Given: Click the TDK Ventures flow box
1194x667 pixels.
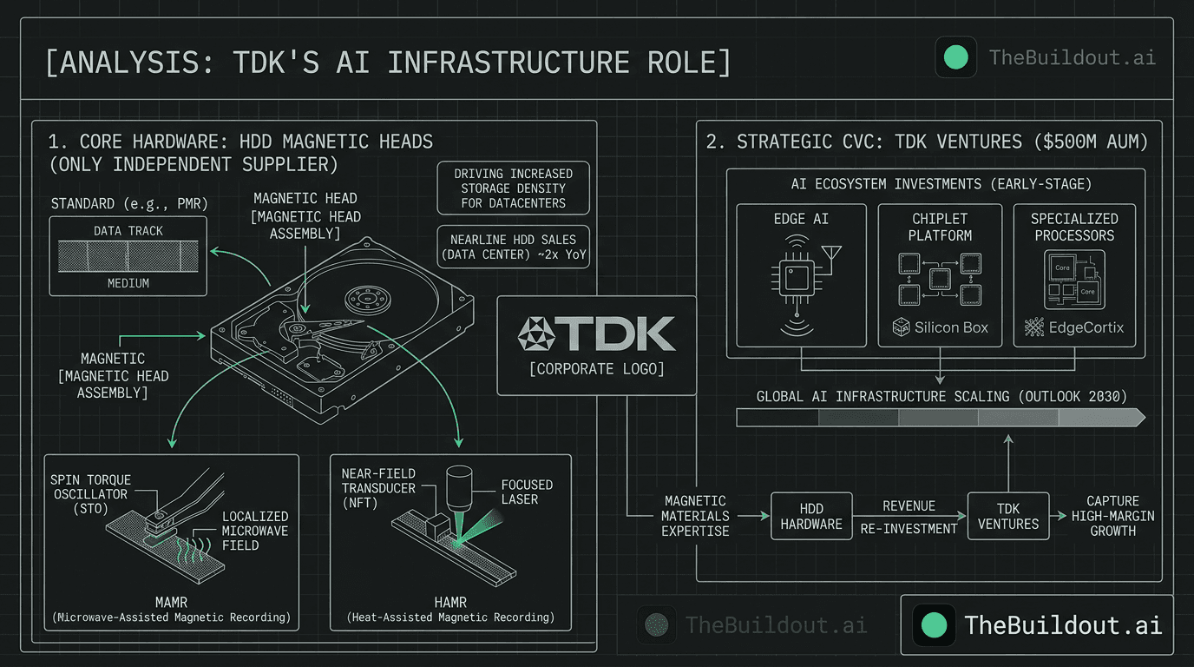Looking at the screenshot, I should click(x=1007, y=516).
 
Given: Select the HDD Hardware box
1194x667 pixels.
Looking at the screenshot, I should click(x=811, y=516).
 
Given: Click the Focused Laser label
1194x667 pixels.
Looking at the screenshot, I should click(x=526, y=492).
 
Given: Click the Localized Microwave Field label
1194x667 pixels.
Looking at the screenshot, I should click(x=254, y=530).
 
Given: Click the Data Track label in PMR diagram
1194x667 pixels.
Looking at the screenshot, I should click(x=128, y=231).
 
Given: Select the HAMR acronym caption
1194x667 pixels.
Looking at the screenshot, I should click(x=449, y=602).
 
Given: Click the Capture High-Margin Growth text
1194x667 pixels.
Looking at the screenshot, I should click(x=1112, y=516).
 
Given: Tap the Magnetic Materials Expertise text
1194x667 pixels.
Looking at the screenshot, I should click(x=695, y=516).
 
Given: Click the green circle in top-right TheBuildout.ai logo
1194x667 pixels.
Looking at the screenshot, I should click(x=955, y=58).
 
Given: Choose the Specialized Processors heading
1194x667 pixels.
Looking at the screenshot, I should click(x=1074, y=227).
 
